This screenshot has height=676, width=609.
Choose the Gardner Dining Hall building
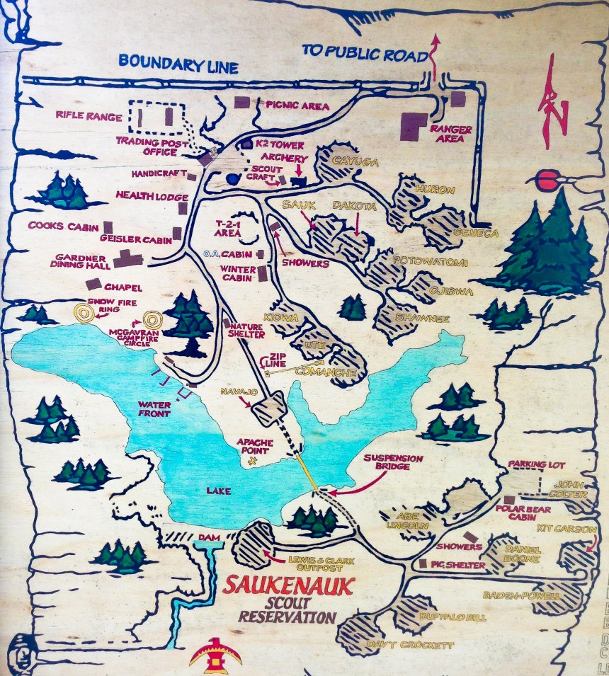129,258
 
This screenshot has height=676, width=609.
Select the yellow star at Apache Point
253,461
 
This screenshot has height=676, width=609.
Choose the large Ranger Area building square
413,126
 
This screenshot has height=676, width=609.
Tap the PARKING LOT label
537,464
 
